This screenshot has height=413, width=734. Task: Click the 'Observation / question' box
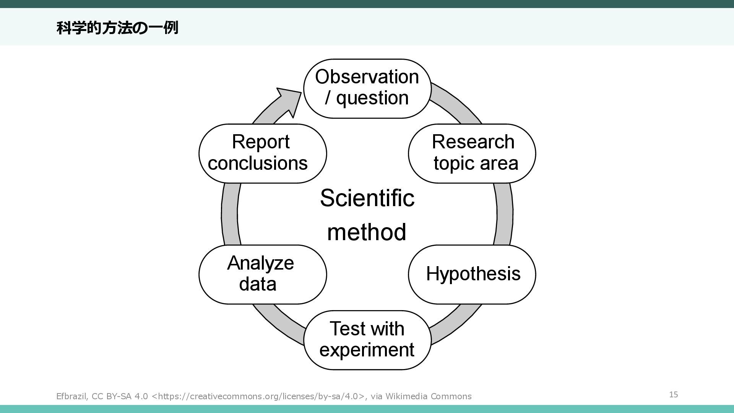(x=367, y=89)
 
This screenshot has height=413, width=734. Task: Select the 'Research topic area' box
(x=472, y=153)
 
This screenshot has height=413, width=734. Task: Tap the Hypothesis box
(x=472, y=275)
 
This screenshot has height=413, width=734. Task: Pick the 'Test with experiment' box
(x=367, y=340)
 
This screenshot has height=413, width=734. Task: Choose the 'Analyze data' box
(x=263, y=275)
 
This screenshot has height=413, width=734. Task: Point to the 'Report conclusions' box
(x=263, y=153)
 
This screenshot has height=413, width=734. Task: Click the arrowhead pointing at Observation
(x=290, y=100)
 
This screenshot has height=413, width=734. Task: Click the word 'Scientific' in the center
(x=367, y=198)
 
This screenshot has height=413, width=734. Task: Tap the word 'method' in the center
(x=367, y=232)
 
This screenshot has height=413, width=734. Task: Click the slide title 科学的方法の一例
(x=117, y=28)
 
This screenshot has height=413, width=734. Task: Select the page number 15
(x=674, y=394)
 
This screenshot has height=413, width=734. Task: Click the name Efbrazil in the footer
(x=71, y=396)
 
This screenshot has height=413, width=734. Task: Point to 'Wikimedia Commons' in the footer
(x=429, y=396)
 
